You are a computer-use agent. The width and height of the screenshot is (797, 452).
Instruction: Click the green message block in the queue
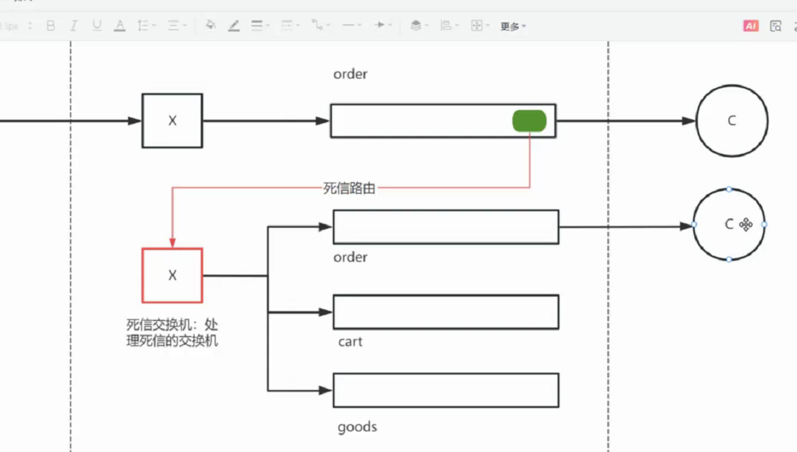coord(529,121)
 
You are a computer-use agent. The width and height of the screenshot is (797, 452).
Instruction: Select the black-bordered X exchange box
coord(172,121)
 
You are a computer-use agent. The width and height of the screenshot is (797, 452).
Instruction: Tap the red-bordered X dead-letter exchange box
coord(172,275)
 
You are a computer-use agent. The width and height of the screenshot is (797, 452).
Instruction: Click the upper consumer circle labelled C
coord(732,121)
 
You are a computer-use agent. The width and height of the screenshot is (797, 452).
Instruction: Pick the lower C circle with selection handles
coord(729,224)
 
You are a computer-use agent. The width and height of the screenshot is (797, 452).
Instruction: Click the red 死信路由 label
coord(349,188)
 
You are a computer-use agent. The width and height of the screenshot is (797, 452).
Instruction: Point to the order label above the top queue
coord(350,74)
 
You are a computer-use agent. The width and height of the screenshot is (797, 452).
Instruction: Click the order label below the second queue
coord(350,257)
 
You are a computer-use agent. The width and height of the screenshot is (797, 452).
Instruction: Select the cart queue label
coord(350,342)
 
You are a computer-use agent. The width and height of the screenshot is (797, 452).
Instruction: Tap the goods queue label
coord(357,427)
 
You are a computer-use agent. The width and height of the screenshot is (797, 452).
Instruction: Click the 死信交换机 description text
coord(172,333)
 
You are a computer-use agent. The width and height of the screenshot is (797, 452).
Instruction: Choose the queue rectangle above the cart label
coord(446,312)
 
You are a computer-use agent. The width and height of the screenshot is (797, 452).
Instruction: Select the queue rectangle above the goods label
coord(446,390)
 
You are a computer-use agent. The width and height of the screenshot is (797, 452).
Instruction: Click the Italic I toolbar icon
coord(74,26)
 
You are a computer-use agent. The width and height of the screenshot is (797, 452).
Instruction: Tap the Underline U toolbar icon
coord(97,25)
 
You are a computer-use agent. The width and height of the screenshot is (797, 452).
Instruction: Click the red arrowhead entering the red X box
coord(173,243)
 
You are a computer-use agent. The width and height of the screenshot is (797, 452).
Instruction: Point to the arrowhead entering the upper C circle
coord(688,121)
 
